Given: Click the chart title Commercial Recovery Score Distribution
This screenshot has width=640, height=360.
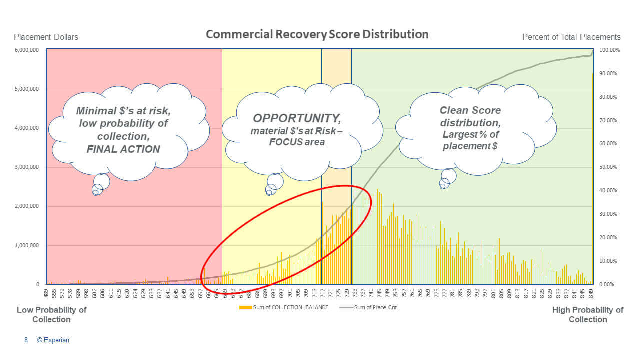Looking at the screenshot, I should point(317,34).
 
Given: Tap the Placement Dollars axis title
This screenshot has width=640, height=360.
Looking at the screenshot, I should point(46,37).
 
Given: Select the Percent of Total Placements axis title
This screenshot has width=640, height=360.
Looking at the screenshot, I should point(571,37).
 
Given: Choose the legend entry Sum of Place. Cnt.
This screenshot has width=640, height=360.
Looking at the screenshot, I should point(376,307).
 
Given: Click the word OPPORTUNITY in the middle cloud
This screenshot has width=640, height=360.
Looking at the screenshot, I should point(297,118).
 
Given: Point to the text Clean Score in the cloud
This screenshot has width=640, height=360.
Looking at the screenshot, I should point(470,110).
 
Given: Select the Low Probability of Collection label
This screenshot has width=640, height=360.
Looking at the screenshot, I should point(51,314).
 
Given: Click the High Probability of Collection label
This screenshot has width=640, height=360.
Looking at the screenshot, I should point(588,314).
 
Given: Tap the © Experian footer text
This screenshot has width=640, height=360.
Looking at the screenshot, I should point(53,340).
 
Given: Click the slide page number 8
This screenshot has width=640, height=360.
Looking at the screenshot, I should point(26,340).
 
